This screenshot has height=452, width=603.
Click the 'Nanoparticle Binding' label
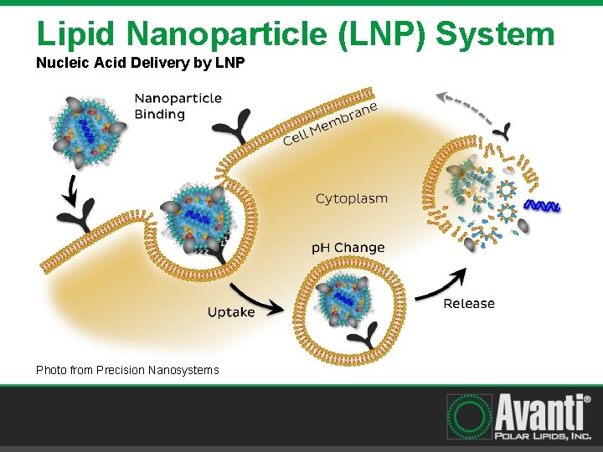(178, 105)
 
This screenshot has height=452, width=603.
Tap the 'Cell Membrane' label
(331, 124)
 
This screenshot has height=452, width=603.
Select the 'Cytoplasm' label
(352, 198)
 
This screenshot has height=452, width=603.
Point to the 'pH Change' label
(348, 248)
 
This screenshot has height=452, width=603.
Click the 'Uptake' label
(231, 312)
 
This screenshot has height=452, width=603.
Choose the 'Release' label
(469, 304)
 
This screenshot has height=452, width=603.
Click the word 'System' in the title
(496, 34)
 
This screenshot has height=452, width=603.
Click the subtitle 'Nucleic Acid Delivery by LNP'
(140, 63)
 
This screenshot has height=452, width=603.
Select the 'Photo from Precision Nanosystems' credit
(127, 370)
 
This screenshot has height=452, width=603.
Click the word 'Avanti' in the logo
(539, 413)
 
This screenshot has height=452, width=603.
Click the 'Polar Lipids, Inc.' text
(540, 436)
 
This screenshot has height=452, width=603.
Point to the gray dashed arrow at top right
(465, 105)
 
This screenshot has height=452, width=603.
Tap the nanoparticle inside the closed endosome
(345, 295)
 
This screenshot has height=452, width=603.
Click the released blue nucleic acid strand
(541, 206)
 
